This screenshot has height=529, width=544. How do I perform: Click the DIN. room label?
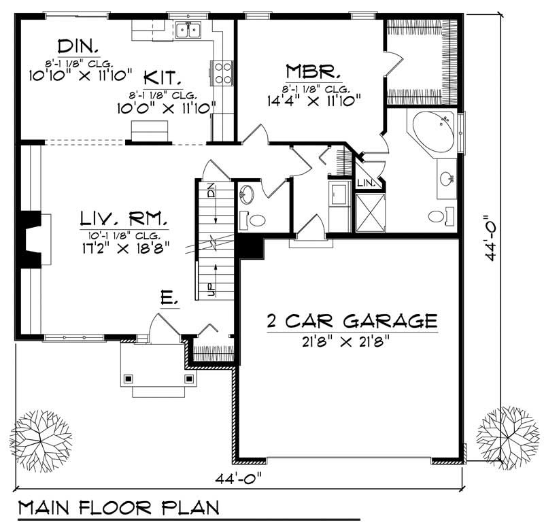(79, 47)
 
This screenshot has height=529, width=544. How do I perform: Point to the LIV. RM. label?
(124, 219)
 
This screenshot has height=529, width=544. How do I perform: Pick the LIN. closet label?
(365, 184)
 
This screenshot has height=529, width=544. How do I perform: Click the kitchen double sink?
(188, 30)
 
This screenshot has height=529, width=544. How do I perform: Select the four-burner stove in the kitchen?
(222, 72)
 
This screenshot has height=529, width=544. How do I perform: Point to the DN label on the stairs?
(211, 191)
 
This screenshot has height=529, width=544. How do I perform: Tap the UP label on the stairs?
(211, 289)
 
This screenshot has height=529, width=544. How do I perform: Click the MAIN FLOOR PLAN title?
(118, 509)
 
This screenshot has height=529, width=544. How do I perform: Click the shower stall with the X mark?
(369, 213)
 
